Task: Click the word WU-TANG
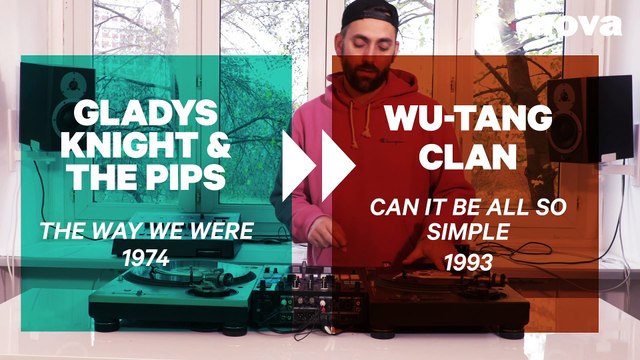point(468,119)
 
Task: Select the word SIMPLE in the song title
point(468,233)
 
